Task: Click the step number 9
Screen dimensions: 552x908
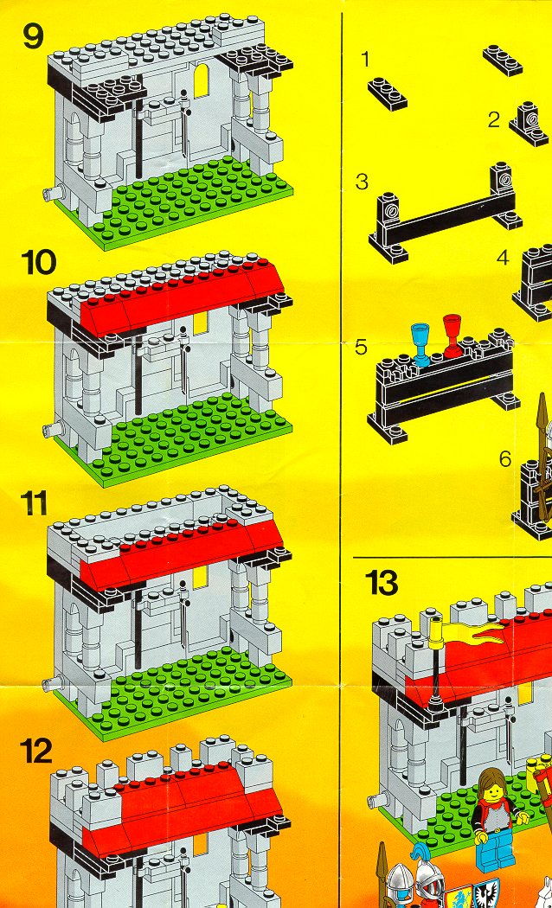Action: (33, 36)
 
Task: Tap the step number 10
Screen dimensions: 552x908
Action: (39, 262)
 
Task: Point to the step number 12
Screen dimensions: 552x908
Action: (36, 751)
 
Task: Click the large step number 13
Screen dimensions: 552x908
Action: (382, 582)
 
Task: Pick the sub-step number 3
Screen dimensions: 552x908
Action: (362, 182)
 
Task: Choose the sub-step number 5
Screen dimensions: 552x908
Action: (361, 347)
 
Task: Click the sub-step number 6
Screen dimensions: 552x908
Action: (505, 458)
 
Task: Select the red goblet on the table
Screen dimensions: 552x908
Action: (452, 336)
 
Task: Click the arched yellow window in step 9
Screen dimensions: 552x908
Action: (201, 81)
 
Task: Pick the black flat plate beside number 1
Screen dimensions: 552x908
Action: (388, 93)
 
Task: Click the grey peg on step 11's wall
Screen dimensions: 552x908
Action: (50, 682)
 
